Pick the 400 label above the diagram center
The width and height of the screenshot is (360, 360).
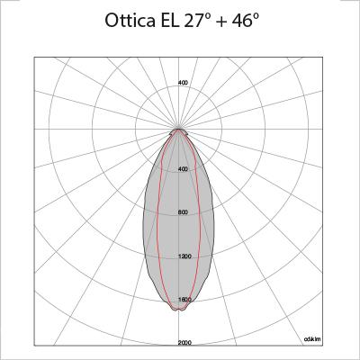coord(183,83)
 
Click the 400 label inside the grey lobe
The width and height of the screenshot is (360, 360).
coord(183,169)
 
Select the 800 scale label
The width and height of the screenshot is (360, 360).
coord(183,212)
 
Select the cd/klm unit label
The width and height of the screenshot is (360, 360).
coord(313,339)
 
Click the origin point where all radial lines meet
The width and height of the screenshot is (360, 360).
coord(181,129)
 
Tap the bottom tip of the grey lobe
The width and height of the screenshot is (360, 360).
coord(181,310)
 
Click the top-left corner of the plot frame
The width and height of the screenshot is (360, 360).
coord(34,57)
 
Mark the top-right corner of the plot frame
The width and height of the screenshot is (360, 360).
coord(325,57)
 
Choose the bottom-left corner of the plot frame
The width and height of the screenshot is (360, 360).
coord(34,346)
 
